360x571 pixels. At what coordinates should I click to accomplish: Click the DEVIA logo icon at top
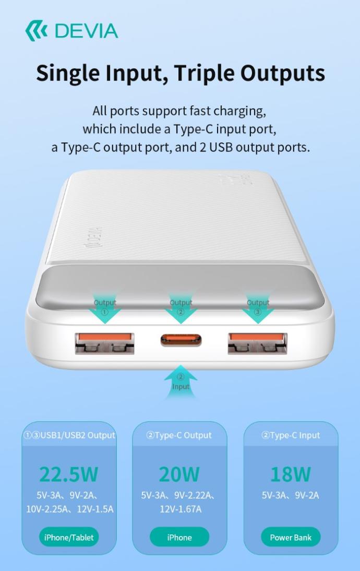click(x=36, y=31)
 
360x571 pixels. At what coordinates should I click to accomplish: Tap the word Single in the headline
click(x=67, y=73)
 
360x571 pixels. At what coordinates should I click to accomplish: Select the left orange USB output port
click(x=104, y=343)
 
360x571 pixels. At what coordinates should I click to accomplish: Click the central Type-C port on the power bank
click(x=181, y=340)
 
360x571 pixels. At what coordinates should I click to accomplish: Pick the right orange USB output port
click(x=257, y=343)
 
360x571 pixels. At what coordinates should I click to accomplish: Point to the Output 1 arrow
click(x=105, y=309)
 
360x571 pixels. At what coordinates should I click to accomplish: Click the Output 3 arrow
click(x=258, y=309)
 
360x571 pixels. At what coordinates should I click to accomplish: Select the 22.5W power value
click(x=69, y=474)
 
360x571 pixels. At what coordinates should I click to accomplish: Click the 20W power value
click(x=179, y=474)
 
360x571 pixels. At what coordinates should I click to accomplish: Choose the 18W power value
click(x=291, y=474)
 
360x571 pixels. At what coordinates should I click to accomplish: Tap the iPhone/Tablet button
click(x=69, y=537)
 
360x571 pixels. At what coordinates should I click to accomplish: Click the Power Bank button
click(x=291, y=537)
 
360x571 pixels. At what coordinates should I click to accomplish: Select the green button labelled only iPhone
click(x=179, y=537)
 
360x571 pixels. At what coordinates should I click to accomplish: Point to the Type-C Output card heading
click(x=179, y=435)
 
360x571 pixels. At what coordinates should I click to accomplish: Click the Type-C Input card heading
click(x=291, y=435)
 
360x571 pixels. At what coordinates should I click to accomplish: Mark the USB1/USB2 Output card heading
click(x=69, y=435)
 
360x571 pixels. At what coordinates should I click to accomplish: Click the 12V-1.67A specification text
click(x=181, y=509)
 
